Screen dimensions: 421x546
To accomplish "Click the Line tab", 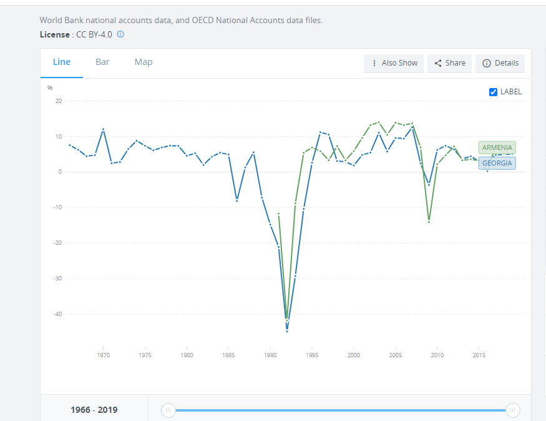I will (62, 62).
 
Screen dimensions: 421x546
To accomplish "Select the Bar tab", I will (102, 62).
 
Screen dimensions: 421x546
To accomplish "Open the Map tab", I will (144, 62).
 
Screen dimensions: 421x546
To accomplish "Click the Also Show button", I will (394, 63).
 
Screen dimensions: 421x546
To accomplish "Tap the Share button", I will (449, 63).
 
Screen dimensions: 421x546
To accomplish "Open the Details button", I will (500, 63).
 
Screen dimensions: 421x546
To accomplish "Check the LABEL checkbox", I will (494, 92).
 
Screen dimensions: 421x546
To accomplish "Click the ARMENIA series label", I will (497, 147).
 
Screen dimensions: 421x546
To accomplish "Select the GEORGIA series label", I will (497, 164).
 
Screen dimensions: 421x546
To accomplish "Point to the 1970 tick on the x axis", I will (104, 355).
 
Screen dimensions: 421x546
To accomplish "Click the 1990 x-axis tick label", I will (270, 355).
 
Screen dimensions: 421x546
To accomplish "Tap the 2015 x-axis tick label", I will (479, 355).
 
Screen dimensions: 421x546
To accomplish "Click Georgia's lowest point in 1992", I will (287, 330).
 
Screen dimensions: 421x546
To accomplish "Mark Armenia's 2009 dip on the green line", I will (429, 222).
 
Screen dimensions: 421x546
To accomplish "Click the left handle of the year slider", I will (168, 410).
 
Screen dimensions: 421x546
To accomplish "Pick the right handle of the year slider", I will (512, 410).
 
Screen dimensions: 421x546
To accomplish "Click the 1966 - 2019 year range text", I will (94, 410).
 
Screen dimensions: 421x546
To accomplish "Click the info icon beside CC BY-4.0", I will (120, 34).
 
